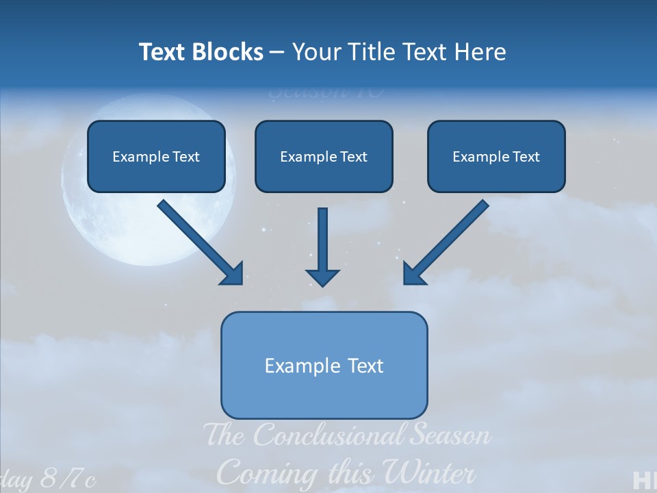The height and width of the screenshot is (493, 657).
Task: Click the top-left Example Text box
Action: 156,157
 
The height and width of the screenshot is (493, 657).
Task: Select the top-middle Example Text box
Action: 324,157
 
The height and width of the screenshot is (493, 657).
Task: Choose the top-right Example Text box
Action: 496,157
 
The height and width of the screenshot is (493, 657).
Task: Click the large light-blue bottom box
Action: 324,365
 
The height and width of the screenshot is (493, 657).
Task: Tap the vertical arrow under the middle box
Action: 322,240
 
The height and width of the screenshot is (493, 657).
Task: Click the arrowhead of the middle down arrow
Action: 322,277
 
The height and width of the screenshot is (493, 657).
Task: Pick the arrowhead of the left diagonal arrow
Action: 233,274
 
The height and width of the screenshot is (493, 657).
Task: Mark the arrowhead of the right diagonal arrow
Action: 413,274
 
